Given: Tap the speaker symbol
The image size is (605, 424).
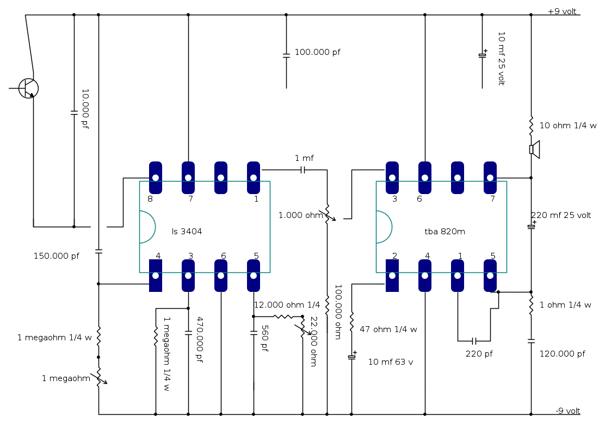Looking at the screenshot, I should tap(534, 149).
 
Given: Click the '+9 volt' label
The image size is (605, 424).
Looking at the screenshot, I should tap(562, 11).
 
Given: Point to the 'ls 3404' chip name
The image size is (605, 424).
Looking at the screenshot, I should tap(187, 232).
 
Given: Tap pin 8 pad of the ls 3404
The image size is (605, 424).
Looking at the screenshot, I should tap(156, 178).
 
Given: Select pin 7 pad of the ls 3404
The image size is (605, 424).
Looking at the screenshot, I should tap(188, 178).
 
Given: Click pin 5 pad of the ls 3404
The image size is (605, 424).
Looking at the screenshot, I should tap(254, 276).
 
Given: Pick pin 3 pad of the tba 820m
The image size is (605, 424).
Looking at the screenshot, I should tap(392, 178).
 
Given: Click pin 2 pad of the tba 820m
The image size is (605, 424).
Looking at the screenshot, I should tap(392, 276).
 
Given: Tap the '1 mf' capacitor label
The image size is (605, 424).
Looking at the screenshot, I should tap(304, 158).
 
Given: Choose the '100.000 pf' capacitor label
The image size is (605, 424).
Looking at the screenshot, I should tap(317, 52).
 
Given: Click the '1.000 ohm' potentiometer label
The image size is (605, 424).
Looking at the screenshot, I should tap(300, 215).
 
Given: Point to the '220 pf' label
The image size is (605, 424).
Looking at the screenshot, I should tap(479, 354).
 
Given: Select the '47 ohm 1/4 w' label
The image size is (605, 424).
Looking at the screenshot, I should tap(388, 329).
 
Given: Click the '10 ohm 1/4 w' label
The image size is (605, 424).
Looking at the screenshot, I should tap(567, 126).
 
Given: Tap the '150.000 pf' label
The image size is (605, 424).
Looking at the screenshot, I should tap(56, 255).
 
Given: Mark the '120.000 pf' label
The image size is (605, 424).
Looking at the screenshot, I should tap(562, 354).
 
